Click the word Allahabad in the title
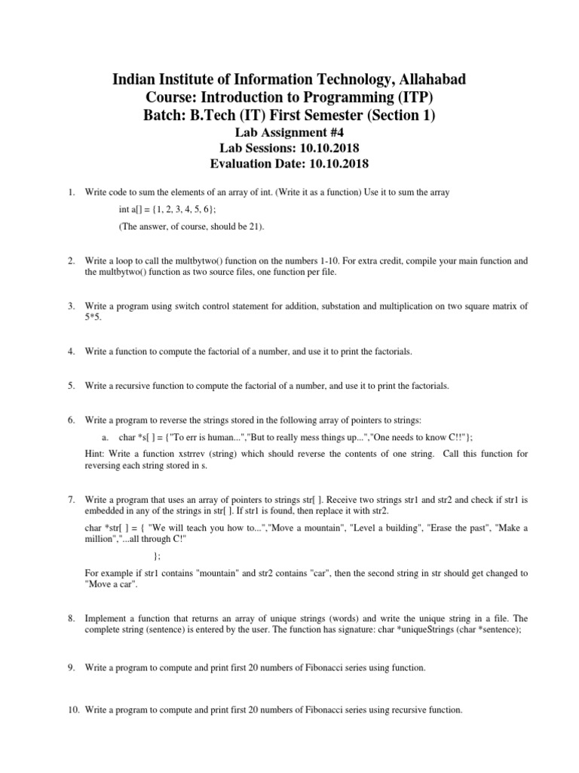coord(430,80)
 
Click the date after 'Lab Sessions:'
coord(319,148)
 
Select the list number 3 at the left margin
coord(70,306)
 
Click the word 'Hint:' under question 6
coord(96,454)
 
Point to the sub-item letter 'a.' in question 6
coord(105,437)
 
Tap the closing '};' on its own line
coord(157,556)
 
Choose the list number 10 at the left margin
coord(72,710)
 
